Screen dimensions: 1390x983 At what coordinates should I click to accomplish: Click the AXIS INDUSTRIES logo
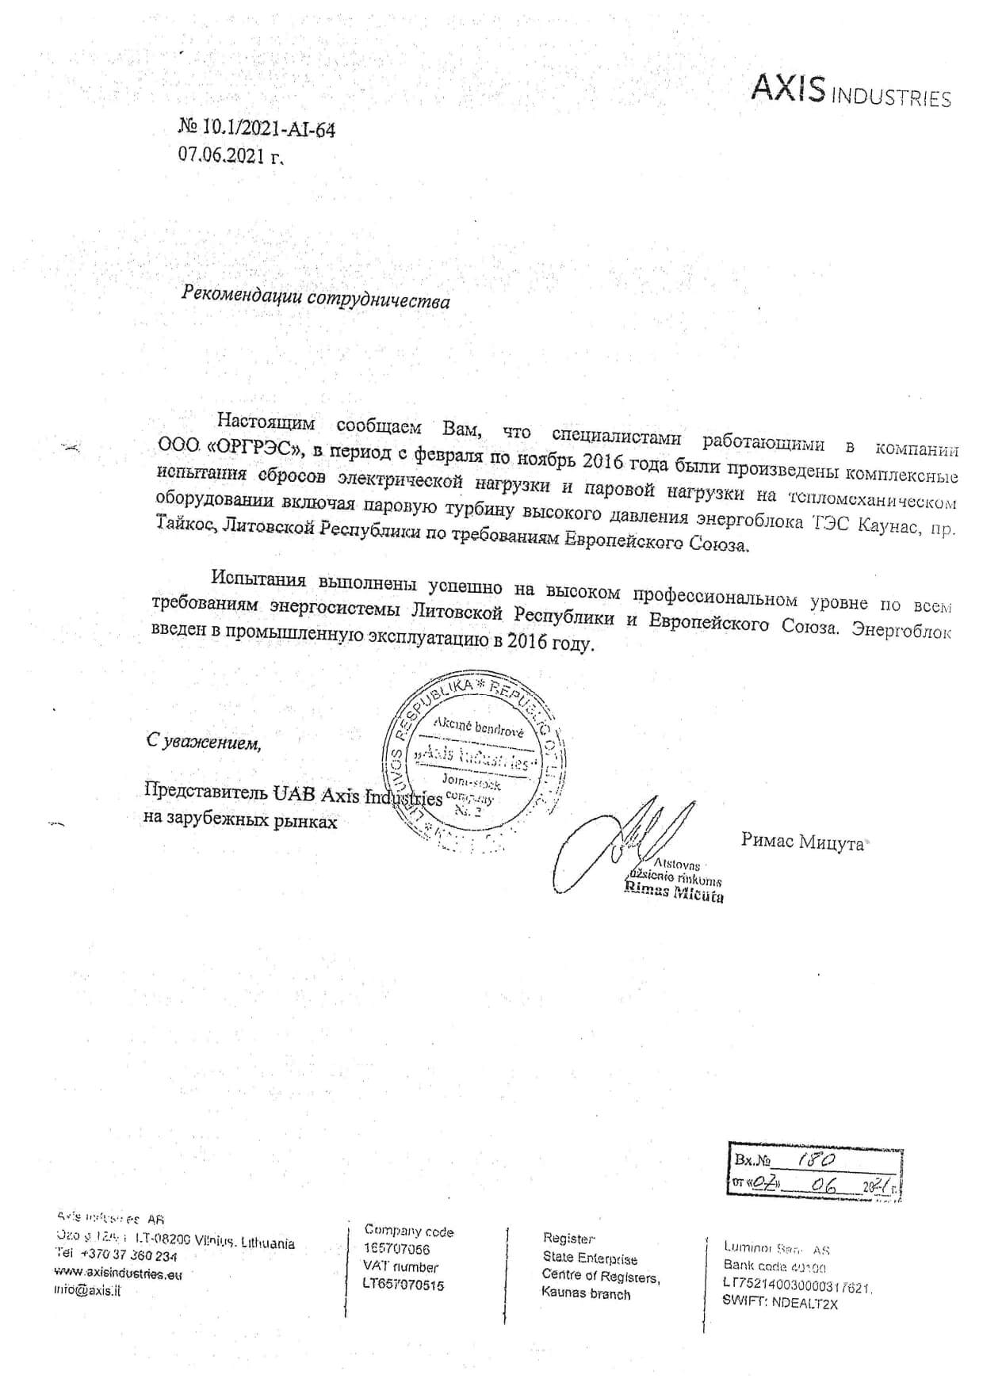(850, 92)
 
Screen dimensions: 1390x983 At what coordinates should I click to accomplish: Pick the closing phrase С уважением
(204, 742)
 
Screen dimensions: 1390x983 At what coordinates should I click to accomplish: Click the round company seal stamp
(475, 762)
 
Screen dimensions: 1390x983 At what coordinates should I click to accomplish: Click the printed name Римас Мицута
(801, 842)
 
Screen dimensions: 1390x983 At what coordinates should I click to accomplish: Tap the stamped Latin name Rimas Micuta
(673, 892)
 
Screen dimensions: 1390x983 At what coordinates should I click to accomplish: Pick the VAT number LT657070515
(404, 1285)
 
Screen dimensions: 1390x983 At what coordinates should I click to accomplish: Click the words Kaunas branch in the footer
(586, 1293)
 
